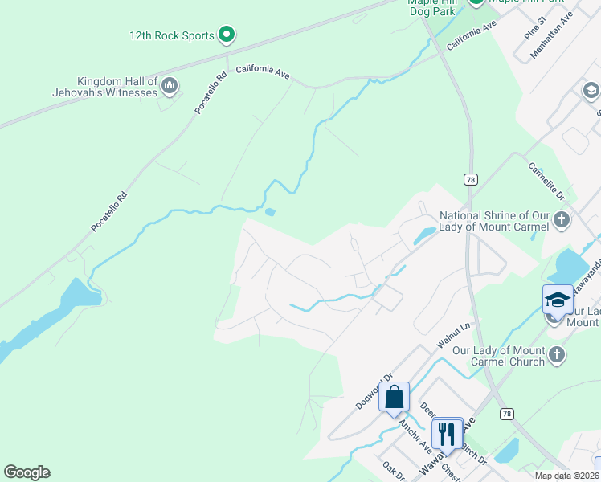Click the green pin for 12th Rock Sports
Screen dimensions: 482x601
click(x=227, y=35)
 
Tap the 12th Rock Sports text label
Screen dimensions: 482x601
click(x=172, y=35)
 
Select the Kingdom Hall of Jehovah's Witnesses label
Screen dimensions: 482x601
click(x=117, y=88)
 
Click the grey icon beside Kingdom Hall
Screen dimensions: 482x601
click(x=170, y=85)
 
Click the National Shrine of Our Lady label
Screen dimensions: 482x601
click(x=494, y=221)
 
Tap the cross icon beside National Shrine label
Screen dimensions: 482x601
click(x=562, y=219)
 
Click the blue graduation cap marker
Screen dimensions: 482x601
click(x=558, y=300)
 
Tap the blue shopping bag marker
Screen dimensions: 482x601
click(x=394, y=397)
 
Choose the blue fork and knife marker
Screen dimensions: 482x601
click(x=447, y=434)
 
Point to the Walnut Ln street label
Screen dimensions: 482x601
click(x=452, y=332)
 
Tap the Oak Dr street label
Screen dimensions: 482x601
click(x=395, y=472)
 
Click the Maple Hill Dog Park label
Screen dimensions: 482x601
click(x=431, y=6)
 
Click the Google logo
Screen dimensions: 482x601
click(x=27, y=472)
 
